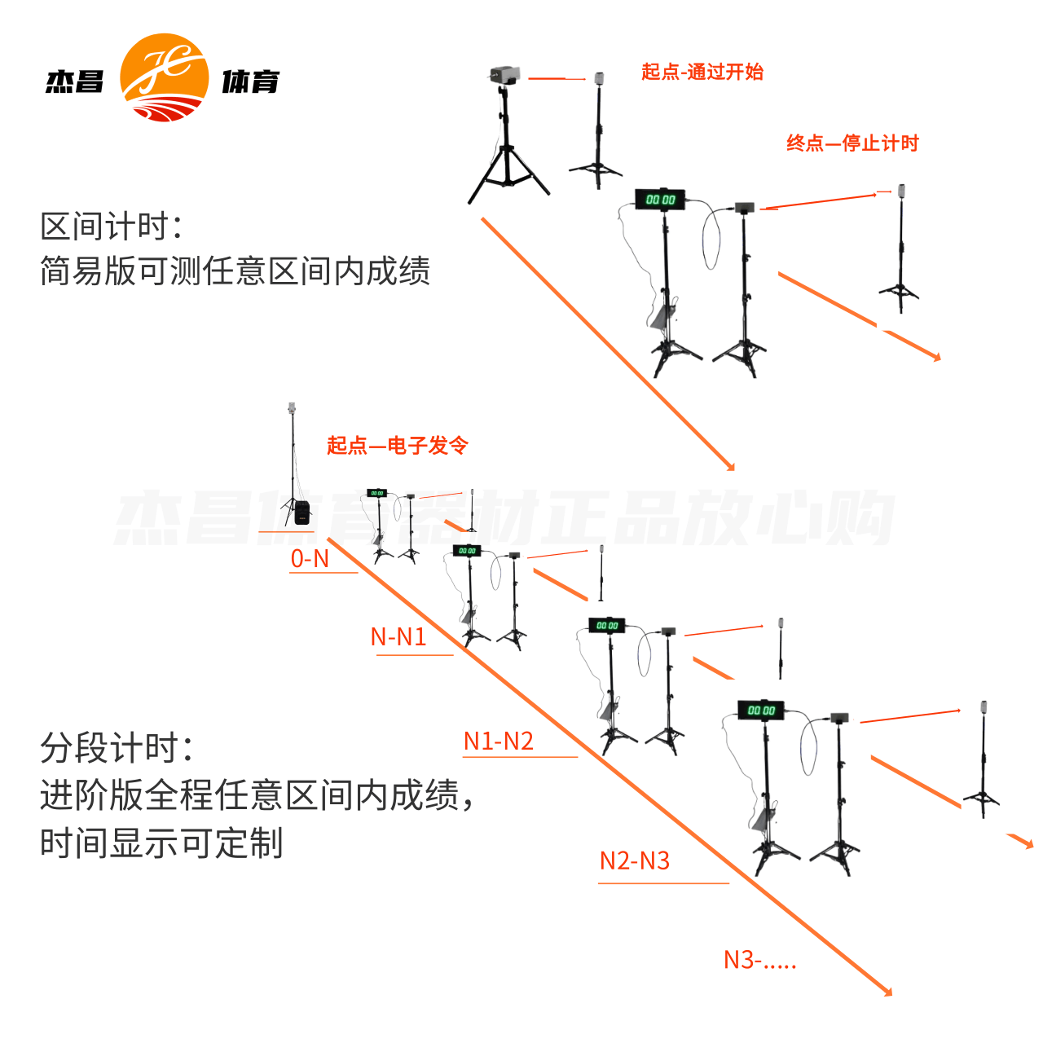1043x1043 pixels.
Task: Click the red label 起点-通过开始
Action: [702, 72]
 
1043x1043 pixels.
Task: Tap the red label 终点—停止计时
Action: [852, 143]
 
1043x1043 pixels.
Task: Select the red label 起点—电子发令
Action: [397, 445]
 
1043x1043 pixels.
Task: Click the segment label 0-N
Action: [310, 559]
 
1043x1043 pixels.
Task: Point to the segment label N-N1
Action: [398, 636]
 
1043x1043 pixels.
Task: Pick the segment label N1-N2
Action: [498, 741]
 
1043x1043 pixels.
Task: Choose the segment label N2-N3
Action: [634, 860]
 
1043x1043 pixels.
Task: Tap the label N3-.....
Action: [759, 960]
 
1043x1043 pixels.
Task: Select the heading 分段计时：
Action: [117, 746]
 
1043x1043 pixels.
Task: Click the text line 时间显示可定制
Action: [161, 843]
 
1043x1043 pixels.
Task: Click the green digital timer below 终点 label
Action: [660, 199]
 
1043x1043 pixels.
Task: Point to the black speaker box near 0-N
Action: [302, 513]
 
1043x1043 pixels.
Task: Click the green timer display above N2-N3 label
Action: [761, 710]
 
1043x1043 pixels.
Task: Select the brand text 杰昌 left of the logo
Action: [75, 81]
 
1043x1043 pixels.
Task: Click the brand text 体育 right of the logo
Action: [250, 81]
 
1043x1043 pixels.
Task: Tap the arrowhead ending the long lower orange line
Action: [888, 992]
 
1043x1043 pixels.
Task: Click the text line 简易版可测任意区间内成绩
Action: [235, 271]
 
